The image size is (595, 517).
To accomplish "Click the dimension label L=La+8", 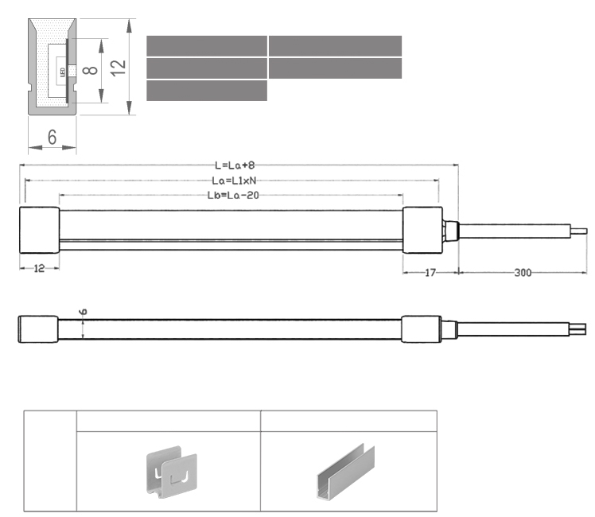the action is [x=235, y=165].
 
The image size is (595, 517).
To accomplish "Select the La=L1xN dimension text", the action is [x=234, y=181].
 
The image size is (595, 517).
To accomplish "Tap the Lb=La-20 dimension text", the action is [x=233, y=196].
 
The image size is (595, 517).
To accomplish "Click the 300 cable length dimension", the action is [x=523, y=273].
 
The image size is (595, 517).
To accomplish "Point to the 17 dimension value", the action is [x=430, y=273].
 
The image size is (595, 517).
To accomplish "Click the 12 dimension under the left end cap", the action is [x=39, y=269].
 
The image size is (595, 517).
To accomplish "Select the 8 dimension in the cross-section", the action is [x=91, y=70].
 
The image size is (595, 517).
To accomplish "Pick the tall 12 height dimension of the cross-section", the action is [x=118, y=68].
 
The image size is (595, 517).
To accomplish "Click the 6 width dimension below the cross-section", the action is [x=52, y=137].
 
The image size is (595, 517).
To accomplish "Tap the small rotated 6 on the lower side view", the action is [x=83, y=312].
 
